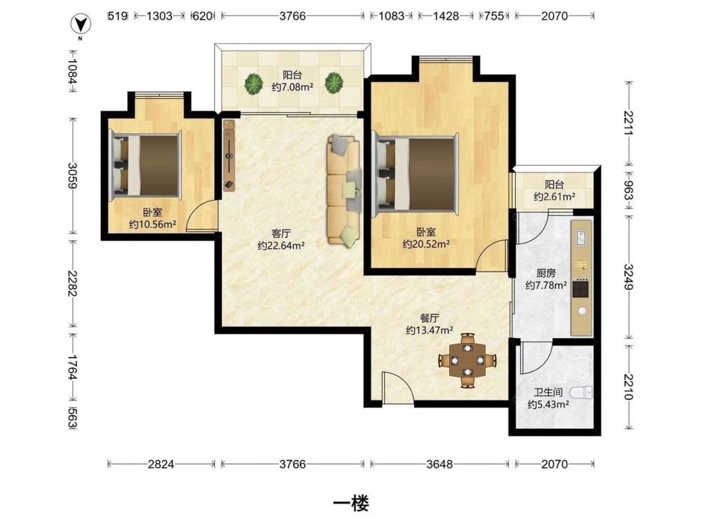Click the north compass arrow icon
[81, 24]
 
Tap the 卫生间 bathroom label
[548, 393]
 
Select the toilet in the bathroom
[581, 393]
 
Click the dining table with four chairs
[468, 360]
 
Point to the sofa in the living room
[344, 189]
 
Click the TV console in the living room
[230, 155]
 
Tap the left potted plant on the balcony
[254, 83]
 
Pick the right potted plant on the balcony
[334, 83]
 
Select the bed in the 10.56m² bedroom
[145, 165]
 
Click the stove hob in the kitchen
[581, 288]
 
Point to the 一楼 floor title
[352, 504]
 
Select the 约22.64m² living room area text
[282, 245]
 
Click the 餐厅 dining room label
[430, 318]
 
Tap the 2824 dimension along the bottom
[161, 464]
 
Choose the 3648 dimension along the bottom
[439, 464]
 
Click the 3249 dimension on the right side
[629, 277]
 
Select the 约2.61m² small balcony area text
[555, 196]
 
